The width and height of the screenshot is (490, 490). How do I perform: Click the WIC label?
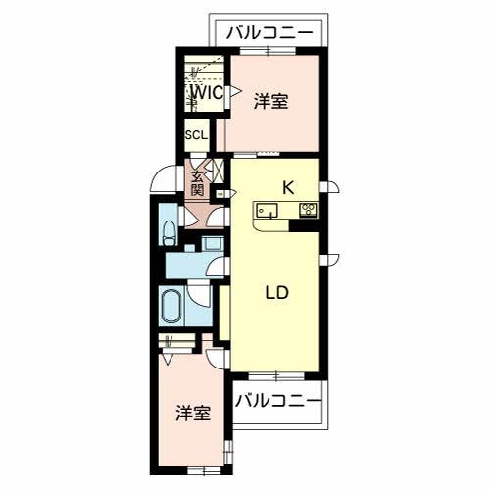206,93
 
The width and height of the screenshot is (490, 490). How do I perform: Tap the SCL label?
194,135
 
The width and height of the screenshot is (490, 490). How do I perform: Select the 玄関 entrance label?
198,183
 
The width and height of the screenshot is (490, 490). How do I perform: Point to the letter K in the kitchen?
289,186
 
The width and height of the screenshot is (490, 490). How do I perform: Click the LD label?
277,292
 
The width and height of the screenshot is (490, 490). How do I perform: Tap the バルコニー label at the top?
270,33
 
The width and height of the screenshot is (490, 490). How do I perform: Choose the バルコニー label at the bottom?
278,400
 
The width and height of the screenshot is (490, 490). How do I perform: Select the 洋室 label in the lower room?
193,413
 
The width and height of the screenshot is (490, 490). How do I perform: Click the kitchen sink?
267,210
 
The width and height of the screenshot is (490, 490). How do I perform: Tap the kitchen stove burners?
307,209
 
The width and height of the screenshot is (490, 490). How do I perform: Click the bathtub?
171,309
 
